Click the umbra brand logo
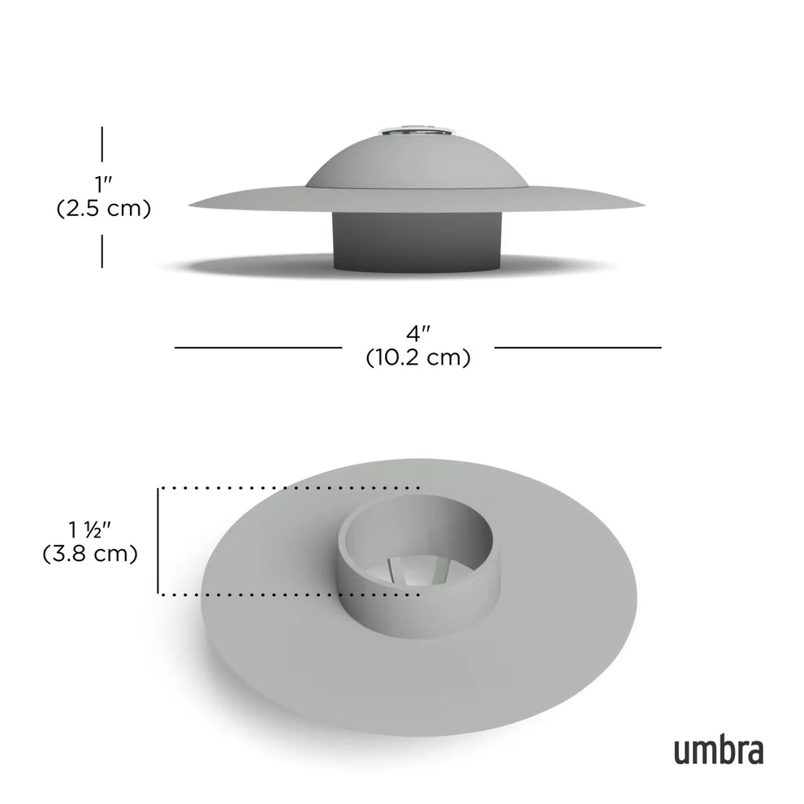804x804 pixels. point(718,750)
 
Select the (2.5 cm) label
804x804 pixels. point(103,209)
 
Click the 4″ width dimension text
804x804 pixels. point(417,333)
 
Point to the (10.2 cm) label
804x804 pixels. point(417,357)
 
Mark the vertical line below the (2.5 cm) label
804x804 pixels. point(102,250)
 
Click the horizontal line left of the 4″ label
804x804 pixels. point(258,348)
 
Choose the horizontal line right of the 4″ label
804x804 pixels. point(578,348)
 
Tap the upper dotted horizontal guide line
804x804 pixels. point(288,488)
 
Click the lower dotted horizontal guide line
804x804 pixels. point(288,594)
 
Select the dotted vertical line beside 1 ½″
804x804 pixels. point(158,541)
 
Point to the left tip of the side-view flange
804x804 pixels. point(192,205)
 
